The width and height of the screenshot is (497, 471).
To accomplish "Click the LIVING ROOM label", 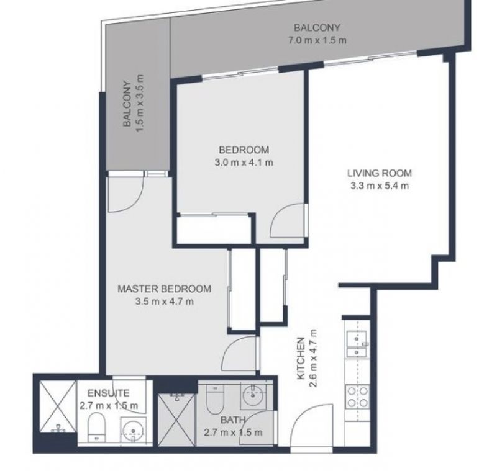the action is [x=380, y=173].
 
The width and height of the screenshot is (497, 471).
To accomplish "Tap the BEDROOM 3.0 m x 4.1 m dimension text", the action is [x=244, y=163].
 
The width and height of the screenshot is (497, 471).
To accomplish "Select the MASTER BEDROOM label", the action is [x=164, y=289].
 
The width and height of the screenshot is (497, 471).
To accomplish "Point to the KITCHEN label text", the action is [x=301, y=358].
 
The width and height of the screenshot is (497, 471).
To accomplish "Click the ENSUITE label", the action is [x=108, y=393].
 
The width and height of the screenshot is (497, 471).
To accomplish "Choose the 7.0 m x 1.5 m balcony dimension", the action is [x=317, y=40].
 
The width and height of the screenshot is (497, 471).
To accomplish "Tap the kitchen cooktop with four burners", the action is [x=358, y=397].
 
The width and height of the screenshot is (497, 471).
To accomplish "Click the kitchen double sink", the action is [x=357, y=344].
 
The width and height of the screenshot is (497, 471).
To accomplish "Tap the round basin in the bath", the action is [x=253, y=395].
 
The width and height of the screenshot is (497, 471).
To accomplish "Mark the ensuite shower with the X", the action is [x=58, y=406].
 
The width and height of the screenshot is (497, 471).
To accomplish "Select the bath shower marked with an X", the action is [x=176, y=419].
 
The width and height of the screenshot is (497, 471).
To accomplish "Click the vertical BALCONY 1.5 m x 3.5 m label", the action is [x=134, y=104].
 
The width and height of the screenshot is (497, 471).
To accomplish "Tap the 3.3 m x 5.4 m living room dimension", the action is [x=380, y=186].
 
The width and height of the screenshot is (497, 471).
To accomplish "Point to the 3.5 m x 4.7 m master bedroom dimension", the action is [x=164, y=302].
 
